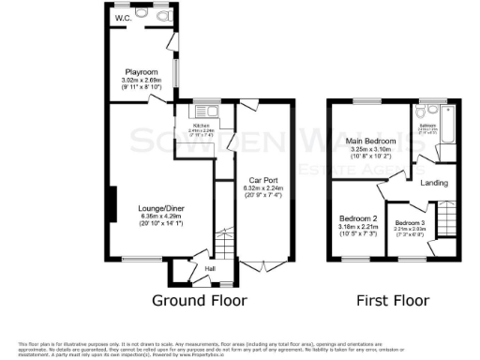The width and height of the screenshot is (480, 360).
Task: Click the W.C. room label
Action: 123,18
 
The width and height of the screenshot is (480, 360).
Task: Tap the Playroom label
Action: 142,71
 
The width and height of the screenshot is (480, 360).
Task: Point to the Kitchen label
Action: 201,125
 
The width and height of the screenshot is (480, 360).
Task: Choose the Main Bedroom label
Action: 371,141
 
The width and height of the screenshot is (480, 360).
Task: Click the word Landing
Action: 434,183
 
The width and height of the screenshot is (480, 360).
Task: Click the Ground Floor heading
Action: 201,301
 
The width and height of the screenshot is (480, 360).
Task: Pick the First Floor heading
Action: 391,301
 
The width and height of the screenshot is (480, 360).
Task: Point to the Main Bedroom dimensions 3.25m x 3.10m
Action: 371,152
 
